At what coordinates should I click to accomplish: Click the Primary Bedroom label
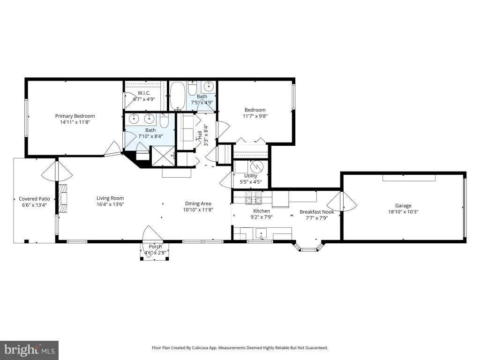[x=75, y=116]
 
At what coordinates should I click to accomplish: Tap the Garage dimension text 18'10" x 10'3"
[x=403, y=211]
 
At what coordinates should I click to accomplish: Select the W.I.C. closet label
[x=144, y=93]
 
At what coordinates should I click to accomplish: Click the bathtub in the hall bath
[x=178, y=96]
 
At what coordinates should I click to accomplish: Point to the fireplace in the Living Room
[x=63, y=198]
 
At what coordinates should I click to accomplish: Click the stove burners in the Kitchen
[x=254, y=197]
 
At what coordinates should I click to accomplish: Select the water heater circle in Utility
[x=256, y=167]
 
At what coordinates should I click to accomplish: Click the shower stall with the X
[x=164, y=156]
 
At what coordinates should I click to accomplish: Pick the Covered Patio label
[x=34, y=199]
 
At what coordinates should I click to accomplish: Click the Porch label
[x=155, y=247]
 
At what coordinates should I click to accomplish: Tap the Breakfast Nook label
[x=317, y=212]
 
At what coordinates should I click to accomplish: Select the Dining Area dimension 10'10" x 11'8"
[x=198, y=210]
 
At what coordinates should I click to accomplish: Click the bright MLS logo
[x=30, y=350]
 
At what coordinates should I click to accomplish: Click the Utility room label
[x=251, y=176]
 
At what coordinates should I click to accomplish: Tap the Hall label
[x=200, y=135]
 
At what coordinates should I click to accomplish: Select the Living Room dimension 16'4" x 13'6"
[x=110, y=204]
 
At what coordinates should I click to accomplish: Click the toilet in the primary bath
[x=165, y=121]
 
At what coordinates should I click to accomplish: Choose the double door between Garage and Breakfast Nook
[x=342, y=201]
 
